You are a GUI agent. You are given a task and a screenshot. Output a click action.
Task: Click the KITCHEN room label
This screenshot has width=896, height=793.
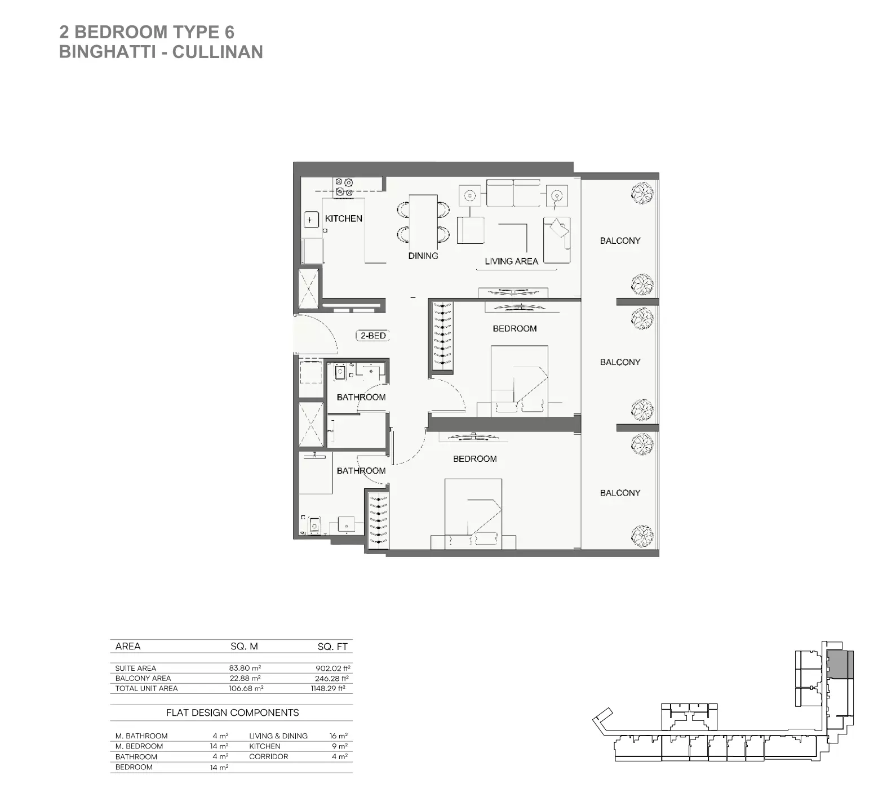[343, 219]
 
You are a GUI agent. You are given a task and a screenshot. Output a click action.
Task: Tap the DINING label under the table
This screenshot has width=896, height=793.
[423, 256]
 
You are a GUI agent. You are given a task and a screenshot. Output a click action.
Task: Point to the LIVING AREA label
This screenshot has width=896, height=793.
[511, 261]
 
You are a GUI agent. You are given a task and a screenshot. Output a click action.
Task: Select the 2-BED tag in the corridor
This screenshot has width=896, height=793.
[373, 336]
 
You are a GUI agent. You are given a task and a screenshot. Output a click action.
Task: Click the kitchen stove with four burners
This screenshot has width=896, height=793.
[343, 187]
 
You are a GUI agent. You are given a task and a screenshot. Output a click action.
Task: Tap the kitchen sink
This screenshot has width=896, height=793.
[310, 220]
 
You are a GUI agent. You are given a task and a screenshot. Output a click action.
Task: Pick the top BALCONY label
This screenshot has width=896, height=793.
[620, 240]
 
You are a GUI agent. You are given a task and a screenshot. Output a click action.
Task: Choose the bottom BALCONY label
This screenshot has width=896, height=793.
[620, 493]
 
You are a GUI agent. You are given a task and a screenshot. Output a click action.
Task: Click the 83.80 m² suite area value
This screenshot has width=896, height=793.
[245, 668]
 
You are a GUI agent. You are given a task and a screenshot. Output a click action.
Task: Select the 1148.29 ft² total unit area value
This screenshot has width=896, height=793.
[328, 688]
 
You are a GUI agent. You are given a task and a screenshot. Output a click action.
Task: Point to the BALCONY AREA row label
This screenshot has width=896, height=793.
[143, 678]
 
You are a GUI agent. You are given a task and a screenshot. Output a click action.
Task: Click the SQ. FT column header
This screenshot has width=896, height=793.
[332, 647]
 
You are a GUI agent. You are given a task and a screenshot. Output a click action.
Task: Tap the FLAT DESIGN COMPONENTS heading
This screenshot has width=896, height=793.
[232, 712]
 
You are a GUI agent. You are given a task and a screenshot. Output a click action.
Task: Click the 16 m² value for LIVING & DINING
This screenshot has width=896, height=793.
[339, 736]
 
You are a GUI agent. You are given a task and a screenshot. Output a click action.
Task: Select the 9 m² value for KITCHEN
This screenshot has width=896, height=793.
[340, 746]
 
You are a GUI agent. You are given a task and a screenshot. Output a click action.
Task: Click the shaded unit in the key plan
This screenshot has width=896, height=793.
[840, 665]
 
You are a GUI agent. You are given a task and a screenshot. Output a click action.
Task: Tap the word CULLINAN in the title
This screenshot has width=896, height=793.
[218, 52]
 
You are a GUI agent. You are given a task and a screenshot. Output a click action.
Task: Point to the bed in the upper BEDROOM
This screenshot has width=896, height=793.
[519, 381]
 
